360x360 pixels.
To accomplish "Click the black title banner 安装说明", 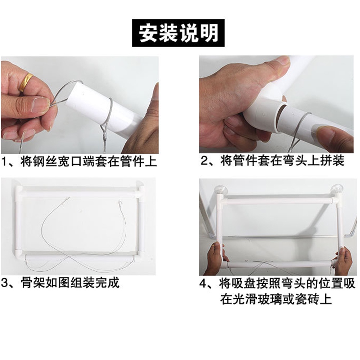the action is [x=178, y=33].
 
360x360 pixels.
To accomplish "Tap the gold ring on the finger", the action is [x=25, y=82].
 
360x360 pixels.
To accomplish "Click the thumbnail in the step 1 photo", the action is [x=40, y=105].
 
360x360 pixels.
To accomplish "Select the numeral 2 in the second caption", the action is [x=205, y=161].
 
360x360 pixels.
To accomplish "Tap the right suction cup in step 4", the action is [x=337, y=188].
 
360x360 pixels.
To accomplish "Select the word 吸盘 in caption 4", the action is [x=240, y=284].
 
